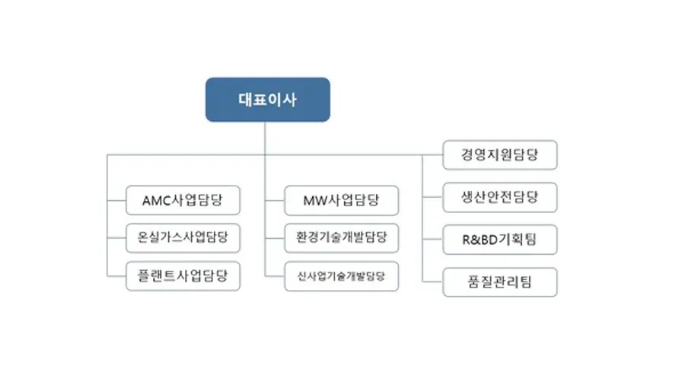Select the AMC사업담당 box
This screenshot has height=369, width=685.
[x=183, y=201]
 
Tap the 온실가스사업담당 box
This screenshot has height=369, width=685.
[x=183, y=237]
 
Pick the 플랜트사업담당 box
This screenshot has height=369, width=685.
[x=183, y=275]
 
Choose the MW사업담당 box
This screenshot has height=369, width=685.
[x=341, y=201]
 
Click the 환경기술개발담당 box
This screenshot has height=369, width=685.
[x=341, y=237]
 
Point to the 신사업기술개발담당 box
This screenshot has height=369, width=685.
[x=341, y=275]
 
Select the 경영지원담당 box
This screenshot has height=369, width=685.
[x=499, y=154]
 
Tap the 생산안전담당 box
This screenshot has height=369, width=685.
[x=499, y=198]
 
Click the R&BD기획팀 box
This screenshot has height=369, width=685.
[x=499, y=240]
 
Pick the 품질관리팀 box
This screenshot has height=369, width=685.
[x=499, y=282]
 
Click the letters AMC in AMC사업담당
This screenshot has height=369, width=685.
[x=158, y=201]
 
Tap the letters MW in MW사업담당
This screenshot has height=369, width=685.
[x=314, y=201]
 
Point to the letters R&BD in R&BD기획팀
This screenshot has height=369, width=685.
[x=477, y=240]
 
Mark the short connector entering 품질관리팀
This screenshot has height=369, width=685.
[x=432, y=282]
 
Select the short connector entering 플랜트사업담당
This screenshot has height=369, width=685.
[x=116, y=275]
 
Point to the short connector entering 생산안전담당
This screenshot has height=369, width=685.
[x=432, y=198]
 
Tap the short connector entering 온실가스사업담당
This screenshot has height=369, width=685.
[x=116, y=237]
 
